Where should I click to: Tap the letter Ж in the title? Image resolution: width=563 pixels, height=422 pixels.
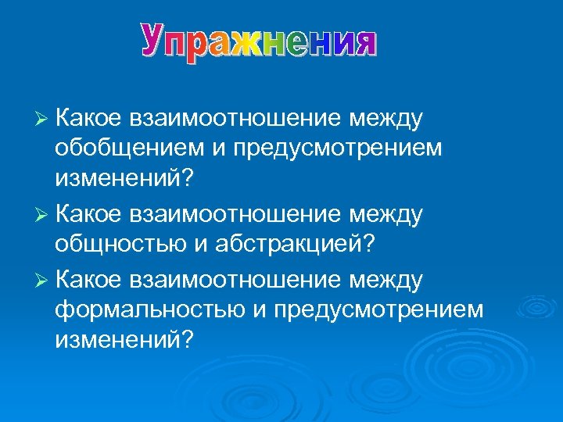pyautogui.click(x=246, y=40)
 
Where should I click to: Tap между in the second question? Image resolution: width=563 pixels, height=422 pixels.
pyautogui.click(x=387, y=214)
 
